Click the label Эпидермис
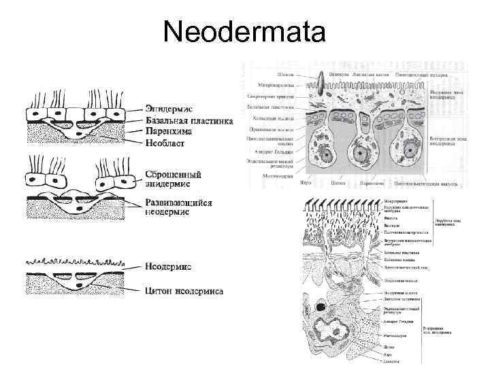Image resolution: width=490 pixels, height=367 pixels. click(168, 108)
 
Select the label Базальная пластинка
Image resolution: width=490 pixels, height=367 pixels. click(189, 120)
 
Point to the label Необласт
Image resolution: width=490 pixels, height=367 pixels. click(165, 143)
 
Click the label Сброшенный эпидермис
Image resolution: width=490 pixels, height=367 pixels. click(172, 177)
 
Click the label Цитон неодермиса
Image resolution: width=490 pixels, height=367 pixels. click(184, 292)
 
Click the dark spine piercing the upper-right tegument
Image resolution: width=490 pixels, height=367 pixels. click(319, 81)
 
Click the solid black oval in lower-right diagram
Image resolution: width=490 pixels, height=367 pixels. click(321, 311)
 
